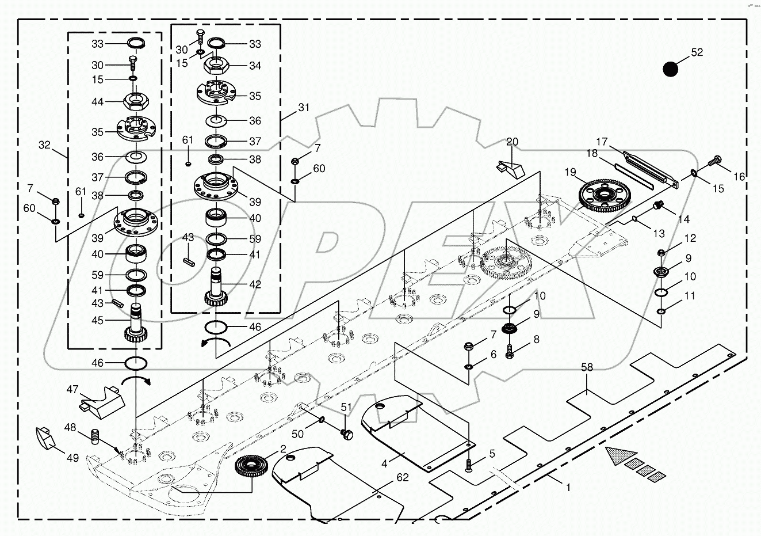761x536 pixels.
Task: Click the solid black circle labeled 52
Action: (670, 69)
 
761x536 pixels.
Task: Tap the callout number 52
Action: (697, 52)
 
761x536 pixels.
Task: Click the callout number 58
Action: (587, 367)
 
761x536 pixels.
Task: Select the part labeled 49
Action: (45, 437)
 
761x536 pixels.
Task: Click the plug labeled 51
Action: (347, 434)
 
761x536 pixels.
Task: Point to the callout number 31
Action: (303, 108)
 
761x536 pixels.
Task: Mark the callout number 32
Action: (45, 146)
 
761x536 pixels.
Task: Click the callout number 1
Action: (568, 487)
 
